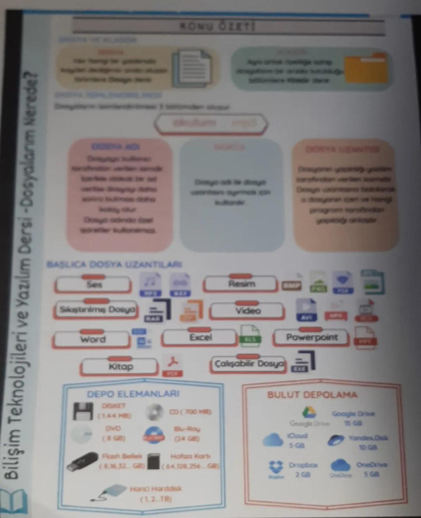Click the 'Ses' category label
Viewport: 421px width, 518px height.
point(94,284)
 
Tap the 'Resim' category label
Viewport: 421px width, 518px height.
point(241,284)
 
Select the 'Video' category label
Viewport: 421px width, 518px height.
point(248,311)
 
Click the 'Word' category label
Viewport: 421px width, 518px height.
point(93,339)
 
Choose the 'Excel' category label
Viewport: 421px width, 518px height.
point(200,337)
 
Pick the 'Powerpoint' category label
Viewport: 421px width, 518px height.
point(312,337)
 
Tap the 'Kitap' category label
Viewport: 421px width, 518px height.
point(120,367)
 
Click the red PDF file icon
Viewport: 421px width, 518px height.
point(172,366)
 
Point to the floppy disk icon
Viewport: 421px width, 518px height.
point(83,411)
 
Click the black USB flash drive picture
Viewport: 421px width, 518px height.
point(83,461)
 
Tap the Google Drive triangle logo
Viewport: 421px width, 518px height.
point(309,412)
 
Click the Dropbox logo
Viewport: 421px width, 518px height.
point(276,467)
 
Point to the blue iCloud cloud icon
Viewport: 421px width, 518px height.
point(273,440)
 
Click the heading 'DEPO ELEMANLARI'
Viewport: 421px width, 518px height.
point(133,394)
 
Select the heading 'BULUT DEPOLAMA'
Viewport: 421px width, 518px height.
point(312,395)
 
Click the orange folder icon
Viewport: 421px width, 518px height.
point(366,69)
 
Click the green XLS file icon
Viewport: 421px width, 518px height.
point(250,335)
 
